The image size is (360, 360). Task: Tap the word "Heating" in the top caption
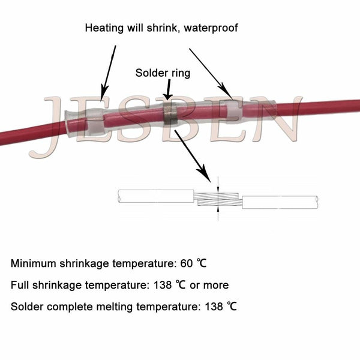(103, 28)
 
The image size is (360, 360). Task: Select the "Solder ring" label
(163, 73)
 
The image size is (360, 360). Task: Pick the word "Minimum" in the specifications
(32, 263)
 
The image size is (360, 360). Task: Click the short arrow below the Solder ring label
(168, 89)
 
